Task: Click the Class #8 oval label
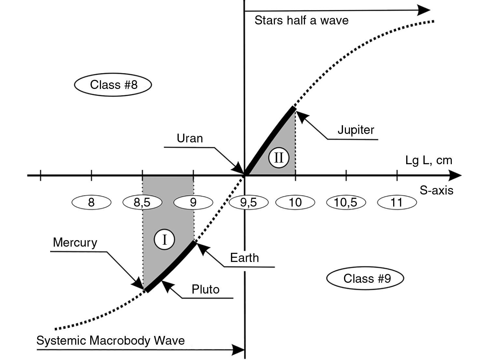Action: (113, 85)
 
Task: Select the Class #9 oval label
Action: (365, 279)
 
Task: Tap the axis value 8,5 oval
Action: (142, 202)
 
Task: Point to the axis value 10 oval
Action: (295, 202)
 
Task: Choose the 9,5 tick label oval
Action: (249, 202)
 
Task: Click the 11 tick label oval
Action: (397, 202)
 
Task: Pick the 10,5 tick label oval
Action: (346, 202)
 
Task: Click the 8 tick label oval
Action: (91, 202)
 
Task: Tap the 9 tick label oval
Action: (193, 202)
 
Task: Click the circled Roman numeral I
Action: (164, 240)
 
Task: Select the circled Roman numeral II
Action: (279, 158)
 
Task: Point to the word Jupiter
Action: (356, 130)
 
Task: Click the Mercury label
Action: (75, 243)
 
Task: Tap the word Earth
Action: (244, 258)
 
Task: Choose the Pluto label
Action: (206, 289)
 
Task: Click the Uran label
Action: (190, 138)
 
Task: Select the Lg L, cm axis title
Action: (429, 160)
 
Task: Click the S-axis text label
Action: (436, 190)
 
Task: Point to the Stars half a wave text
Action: (301, 21)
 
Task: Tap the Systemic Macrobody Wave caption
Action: (110, 340)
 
